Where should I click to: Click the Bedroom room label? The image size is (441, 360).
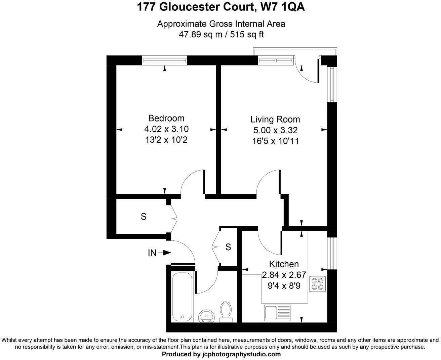(166, 118)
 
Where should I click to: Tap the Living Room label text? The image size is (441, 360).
(275, 119)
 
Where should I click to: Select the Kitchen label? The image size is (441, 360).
(284, 264)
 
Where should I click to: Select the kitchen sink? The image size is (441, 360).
(271, 312)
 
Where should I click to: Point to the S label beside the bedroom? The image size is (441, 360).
(144, 217)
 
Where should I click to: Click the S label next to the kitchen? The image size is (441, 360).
(228, 247)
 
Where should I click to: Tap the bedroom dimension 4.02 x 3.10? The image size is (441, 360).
(166, 129)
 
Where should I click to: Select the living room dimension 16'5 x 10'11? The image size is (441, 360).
(276, 141)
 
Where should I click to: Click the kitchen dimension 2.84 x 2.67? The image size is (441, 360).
(284, 275)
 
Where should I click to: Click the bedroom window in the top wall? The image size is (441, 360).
(164, 60)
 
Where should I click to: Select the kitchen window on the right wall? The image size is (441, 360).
(332, 254)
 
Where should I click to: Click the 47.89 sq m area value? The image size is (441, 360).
(200, 34)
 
